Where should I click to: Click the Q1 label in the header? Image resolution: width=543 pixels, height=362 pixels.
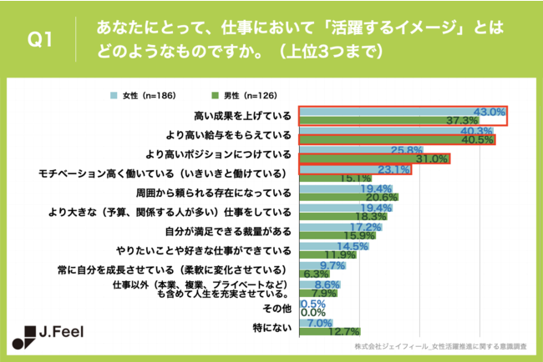click(x=39, y=40)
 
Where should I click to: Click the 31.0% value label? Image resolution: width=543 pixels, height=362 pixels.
click(x=432, y=158)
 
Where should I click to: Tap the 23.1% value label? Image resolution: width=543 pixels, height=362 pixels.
click(x=393, y=169)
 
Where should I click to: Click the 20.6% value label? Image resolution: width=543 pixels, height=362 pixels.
click(x=381, y=197)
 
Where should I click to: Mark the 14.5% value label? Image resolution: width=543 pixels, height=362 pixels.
click(x=352, y=245)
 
